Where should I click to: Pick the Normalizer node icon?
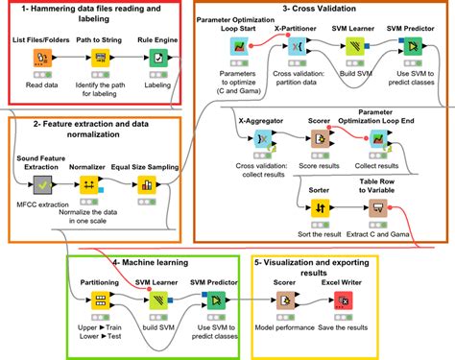point(88,185)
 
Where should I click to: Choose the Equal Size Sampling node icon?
point(146,185)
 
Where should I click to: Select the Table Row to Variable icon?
point(376,207)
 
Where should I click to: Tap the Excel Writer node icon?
point(340,302)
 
